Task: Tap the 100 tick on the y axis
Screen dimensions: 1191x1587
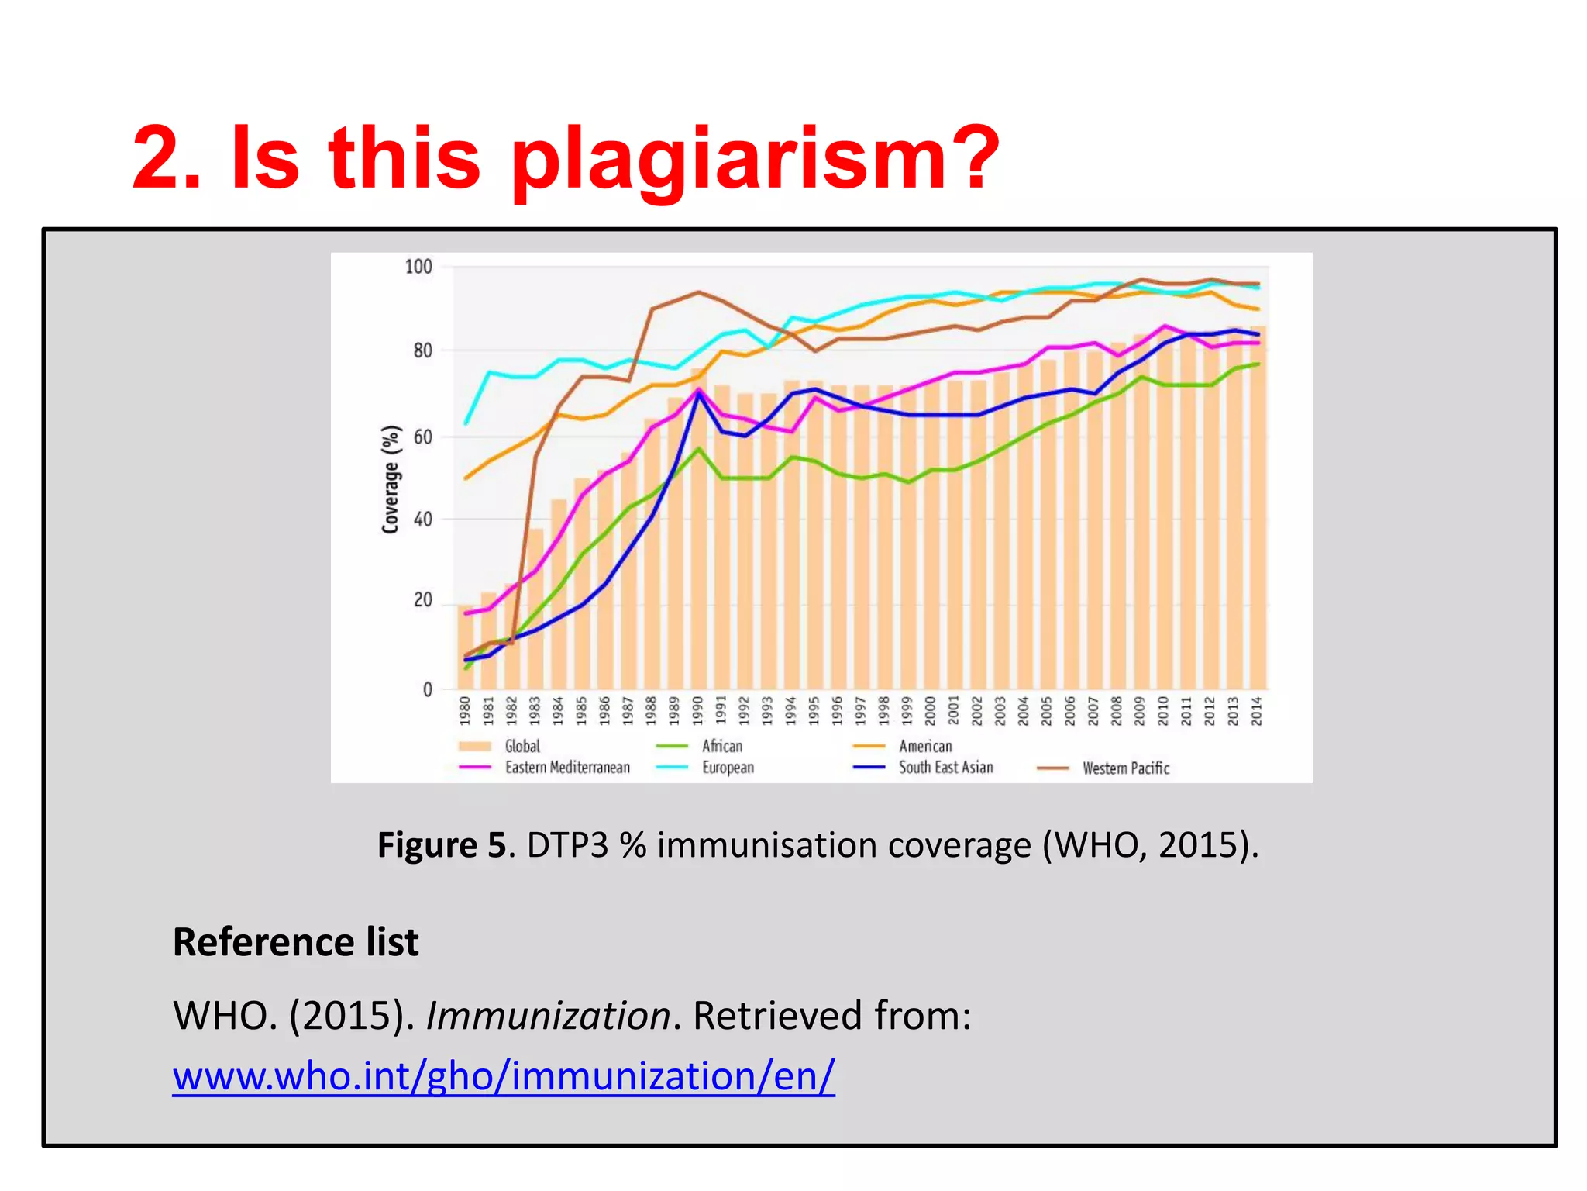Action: (418, 267)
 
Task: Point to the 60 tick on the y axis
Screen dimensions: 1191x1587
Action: (422, 437)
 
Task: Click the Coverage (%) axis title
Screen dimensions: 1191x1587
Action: (391, 479)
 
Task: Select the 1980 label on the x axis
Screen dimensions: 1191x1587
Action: (465, 710)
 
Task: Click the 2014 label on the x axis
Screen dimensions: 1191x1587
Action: (1257, 710)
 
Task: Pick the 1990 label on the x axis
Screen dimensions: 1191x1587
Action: (697, 710)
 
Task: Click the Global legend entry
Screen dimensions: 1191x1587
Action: (522, 746)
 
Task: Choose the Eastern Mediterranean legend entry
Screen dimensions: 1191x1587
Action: (566, 768)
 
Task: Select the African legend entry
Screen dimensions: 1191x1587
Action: (721, 746)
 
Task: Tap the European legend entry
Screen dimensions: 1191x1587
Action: (727, 768)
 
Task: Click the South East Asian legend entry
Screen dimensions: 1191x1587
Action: (945, 768)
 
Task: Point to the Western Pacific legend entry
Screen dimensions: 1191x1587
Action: (1125, 768)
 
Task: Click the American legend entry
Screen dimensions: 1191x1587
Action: (924, 746)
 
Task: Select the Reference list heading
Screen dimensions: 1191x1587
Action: (295, 942)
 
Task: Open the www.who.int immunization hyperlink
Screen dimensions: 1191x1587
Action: (504, 1076)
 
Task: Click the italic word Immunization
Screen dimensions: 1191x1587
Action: (548, 1016)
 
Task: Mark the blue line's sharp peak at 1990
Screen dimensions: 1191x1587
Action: (698, 394)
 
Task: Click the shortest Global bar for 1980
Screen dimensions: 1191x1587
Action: (465, 647)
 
